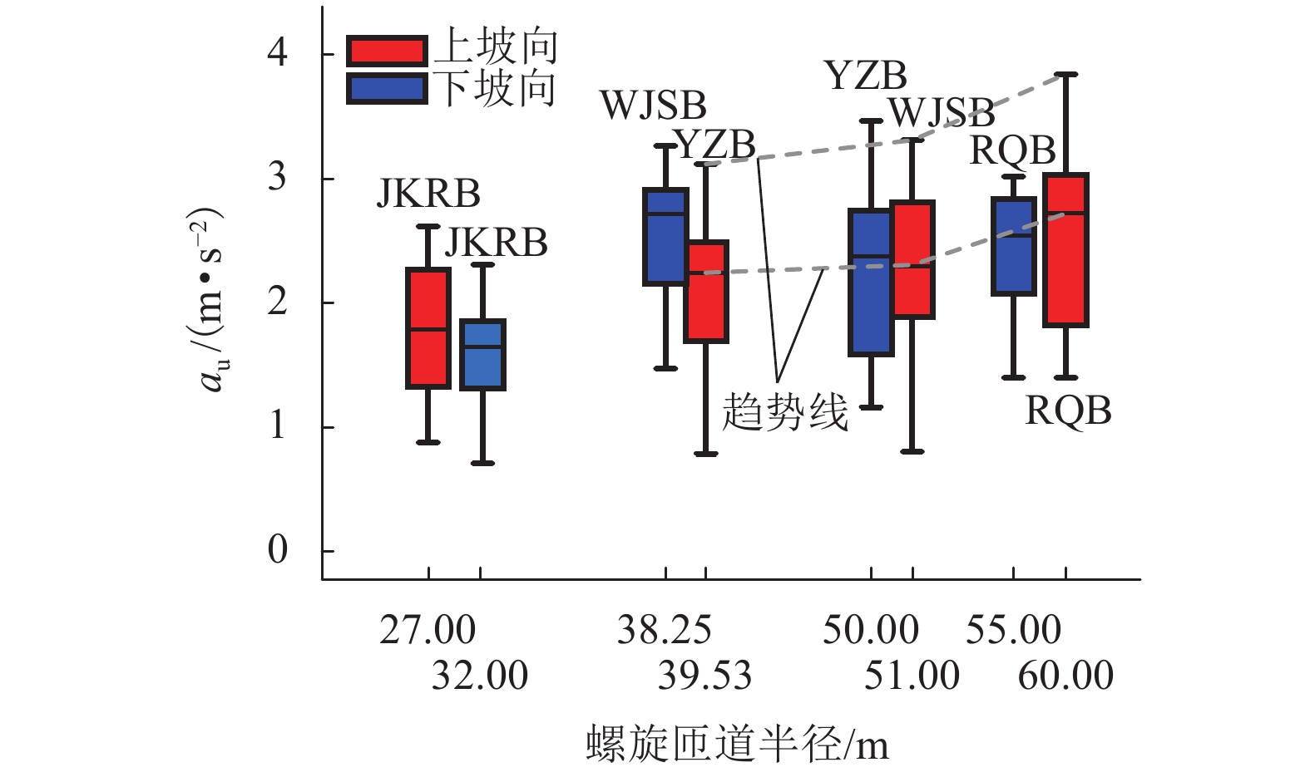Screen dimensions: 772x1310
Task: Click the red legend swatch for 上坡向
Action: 387,52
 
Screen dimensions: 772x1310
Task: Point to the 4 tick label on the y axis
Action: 277,53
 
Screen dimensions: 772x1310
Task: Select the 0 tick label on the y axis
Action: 277,550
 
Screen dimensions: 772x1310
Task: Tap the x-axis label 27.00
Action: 428,630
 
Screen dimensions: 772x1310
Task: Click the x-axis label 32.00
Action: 479,675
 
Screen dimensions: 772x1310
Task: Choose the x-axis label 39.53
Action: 704,675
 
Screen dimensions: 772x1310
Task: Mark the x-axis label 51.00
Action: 912,675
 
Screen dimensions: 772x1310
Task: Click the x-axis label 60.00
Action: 1065,675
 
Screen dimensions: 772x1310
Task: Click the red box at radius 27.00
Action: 428,328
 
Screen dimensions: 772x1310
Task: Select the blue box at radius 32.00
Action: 482,355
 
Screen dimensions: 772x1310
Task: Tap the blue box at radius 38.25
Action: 665,237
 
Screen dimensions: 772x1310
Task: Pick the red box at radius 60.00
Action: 1066,250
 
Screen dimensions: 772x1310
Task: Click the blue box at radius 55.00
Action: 1013,247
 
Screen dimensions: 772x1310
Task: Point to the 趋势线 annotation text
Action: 784,411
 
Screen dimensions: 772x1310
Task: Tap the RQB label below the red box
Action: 1068,411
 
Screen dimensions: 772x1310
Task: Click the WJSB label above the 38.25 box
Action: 653,106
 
